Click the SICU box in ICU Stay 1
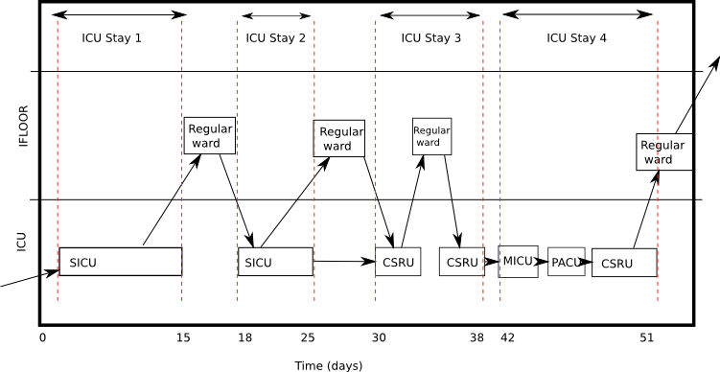pos(120,262)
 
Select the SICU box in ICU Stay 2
pos(275,262)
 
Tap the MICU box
pos(519,261)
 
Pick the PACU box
pos(567,261)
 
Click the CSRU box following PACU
pos(624,263)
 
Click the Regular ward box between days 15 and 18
pos(210,135)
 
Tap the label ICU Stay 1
pos(112,38)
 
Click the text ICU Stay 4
pos(576,38)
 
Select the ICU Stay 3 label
pos(430,38)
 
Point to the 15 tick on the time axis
pos(182,337)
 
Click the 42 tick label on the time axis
pos(507,337)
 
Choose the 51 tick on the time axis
pos(647,337)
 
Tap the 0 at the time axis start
pos(42,337)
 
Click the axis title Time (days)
pos(329,365)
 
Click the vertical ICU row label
pos(21,241)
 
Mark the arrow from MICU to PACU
pos(543,261)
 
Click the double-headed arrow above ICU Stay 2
pos(276,16)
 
